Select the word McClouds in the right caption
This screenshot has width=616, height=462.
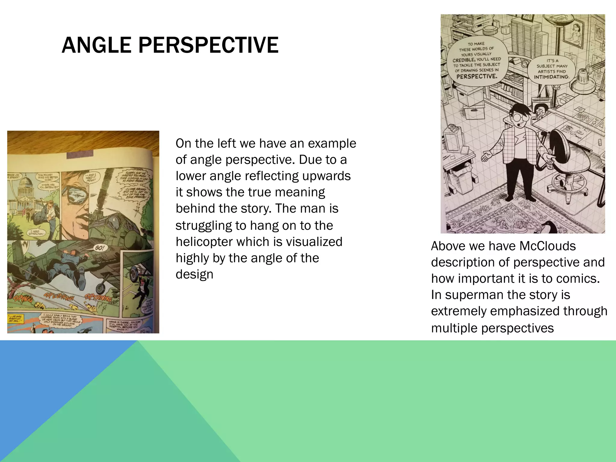pyautogui.click(x=547, y=246)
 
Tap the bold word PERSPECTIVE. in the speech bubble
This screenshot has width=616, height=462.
pyautogui.click(x=477, y=76)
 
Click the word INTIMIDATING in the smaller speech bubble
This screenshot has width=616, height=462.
pyautogui.click(x=552, y=77)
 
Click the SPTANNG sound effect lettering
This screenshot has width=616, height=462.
pyautogui.click(x=98, y=298)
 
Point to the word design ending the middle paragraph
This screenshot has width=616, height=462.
pyautogui.click(x=194, y=274)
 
